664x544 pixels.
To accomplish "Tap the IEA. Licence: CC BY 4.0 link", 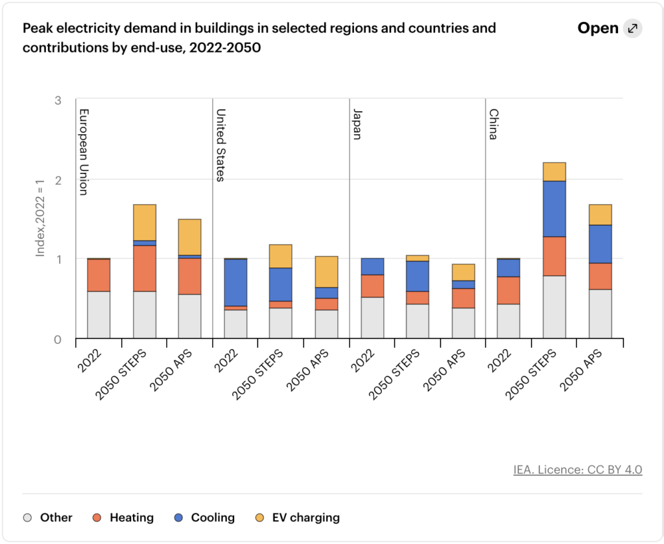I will [578, 470].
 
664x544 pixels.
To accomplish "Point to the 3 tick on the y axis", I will [58, 100].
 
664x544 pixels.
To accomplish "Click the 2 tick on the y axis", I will [58, 180].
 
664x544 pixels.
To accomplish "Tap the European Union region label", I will [84, 152].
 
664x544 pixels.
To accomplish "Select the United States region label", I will [220, 145].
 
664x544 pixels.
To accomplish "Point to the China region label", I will [493, 125].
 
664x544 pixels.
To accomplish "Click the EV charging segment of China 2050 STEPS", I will [554, 172].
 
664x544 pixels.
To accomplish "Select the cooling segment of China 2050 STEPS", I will [554, 209].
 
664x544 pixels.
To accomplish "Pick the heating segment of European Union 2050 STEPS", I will [144, 268].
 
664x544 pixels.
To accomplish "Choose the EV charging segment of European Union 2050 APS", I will [189, 237].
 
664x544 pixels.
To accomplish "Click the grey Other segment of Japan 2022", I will [372, 317].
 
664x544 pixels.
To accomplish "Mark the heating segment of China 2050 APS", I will [600, 276].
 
